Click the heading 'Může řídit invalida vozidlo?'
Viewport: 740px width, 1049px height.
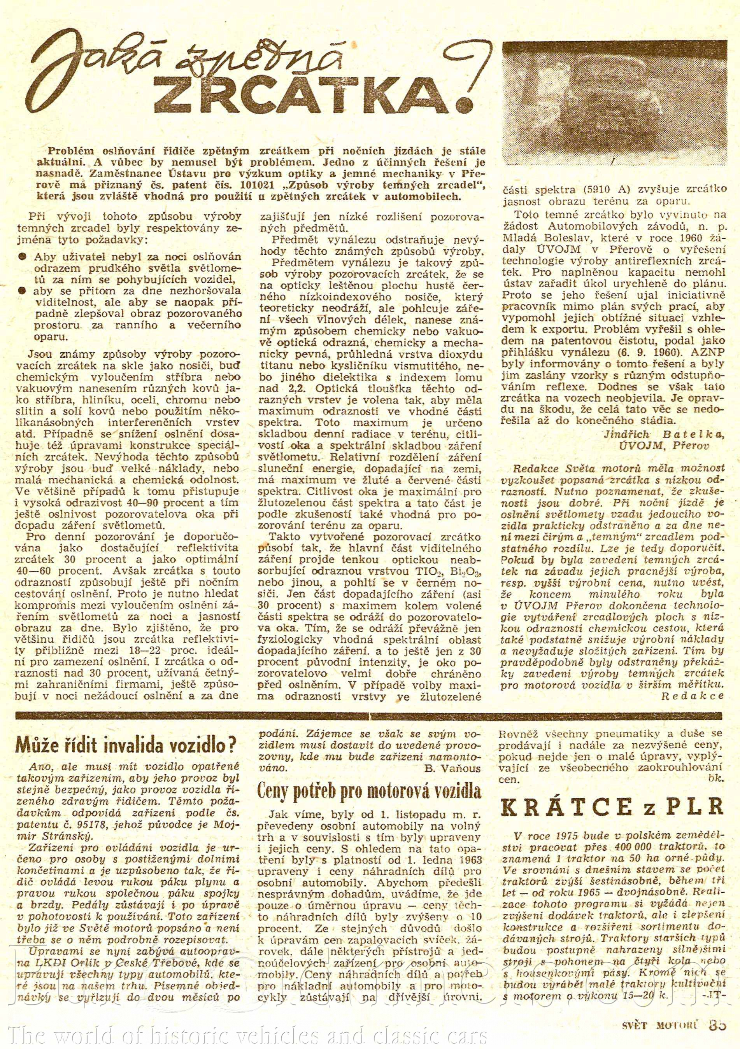coord(126,746)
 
